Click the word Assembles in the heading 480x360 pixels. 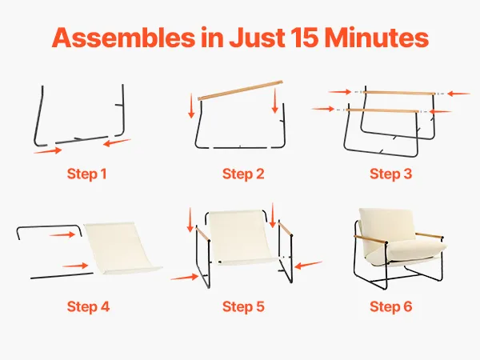coord(123,38)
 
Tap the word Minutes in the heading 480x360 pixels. coord(376,38)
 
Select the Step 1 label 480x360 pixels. coord(86,174)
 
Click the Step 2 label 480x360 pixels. coord(243,174)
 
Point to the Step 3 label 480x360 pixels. coord(390,174)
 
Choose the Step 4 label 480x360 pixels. coord(88,306)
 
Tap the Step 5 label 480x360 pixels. coord(243,306)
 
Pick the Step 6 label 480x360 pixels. coord(390,306)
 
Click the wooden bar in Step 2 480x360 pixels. coord(240,90)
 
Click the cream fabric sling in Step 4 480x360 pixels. coord(122,248)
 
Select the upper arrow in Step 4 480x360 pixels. coord(62,234)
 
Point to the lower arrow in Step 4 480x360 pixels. coord(75,266)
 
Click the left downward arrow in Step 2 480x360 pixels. coord(191,106)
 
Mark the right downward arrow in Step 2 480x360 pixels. coord(275,101)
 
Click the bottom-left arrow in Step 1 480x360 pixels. coord(48,150)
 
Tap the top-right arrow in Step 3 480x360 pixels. coord(458,94)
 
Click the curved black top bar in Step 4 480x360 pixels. coord(49,227)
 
